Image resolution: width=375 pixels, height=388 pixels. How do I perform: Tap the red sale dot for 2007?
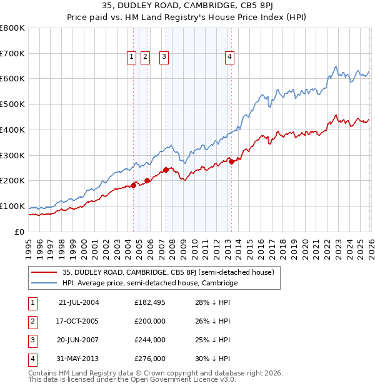[x=166, y=170]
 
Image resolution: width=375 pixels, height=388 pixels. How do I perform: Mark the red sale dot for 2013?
[x=231, y=161]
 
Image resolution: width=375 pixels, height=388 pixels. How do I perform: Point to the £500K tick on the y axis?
[x=12, y=105]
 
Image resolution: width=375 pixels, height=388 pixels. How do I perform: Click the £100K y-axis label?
[x=12, y=207]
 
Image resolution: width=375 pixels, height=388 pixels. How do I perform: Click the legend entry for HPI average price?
[x=150, y=283]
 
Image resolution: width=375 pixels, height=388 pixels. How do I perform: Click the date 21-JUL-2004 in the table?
[x=79, y=302]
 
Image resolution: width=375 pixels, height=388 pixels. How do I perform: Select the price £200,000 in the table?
[x=150, y=320]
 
